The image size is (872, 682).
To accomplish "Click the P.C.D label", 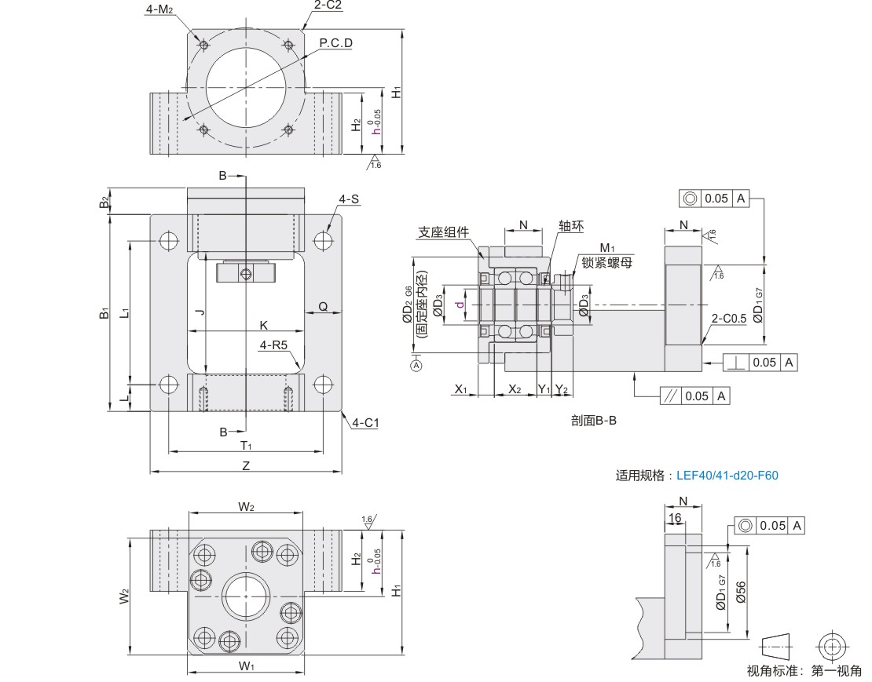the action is [335, 43].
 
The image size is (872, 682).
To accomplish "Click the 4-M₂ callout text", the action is [159, 9].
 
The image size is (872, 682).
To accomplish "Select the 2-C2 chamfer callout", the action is [327, 5].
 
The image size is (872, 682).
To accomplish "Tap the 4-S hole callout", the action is [349, 199].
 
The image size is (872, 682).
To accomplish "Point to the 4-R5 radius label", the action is [273, 345].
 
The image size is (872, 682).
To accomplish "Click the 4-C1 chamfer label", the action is [365, 423].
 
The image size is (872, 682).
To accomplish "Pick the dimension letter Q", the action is [323, 306].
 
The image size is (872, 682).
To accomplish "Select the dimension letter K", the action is [264, 325].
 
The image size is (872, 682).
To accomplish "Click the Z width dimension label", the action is [246, 465].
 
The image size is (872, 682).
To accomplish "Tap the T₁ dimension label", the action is [246, 446].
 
